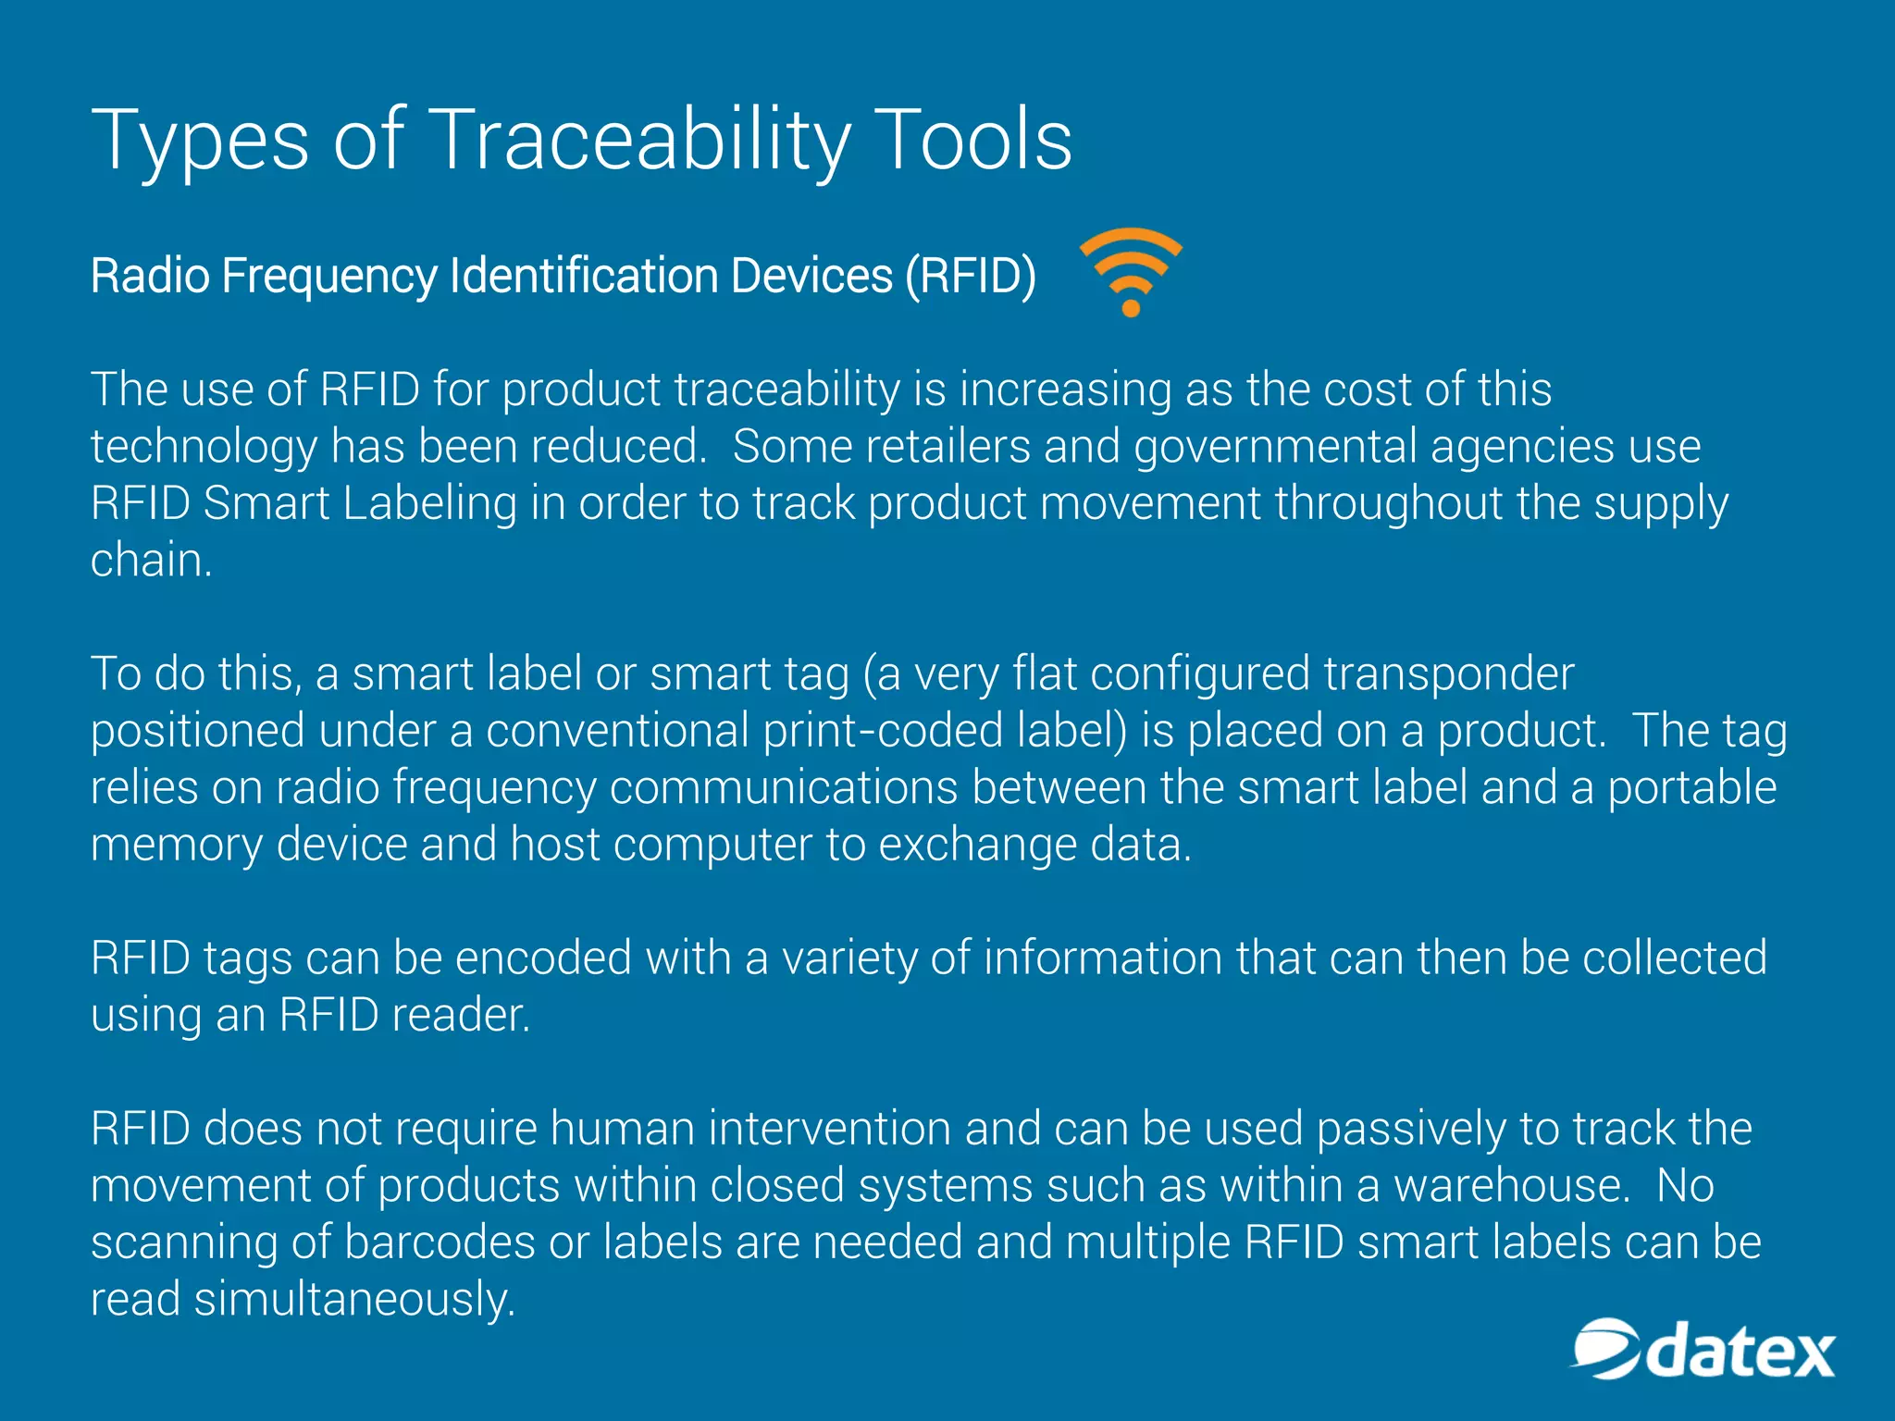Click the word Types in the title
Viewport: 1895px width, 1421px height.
pyautogui.click(x=200, y=141)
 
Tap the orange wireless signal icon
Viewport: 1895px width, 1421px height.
pyautogui.click(x=1131, y=270)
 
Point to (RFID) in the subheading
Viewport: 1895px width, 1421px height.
pyautogui.click(x=971, y=276)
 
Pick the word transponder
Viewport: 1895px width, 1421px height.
pyautogui.click(x=1449, y=674)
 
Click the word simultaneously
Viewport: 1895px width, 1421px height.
pyautogui.click(x=354, y=1300)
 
